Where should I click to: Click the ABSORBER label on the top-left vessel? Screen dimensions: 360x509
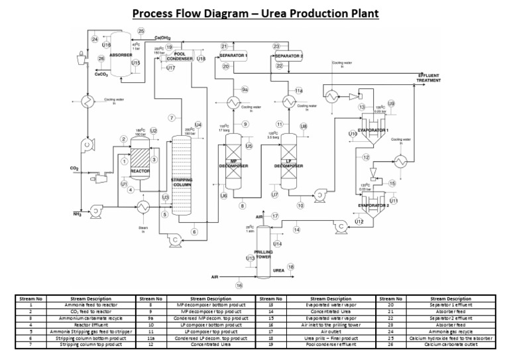point(121,56)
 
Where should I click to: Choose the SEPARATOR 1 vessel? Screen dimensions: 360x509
point(233,56)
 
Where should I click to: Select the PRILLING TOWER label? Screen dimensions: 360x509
point(264,254)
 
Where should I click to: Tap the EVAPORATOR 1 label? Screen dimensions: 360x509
point(374,130)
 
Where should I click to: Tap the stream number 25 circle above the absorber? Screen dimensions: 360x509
point(141,31)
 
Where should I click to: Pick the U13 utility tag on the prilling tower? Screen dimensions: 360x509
point(250,258)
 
